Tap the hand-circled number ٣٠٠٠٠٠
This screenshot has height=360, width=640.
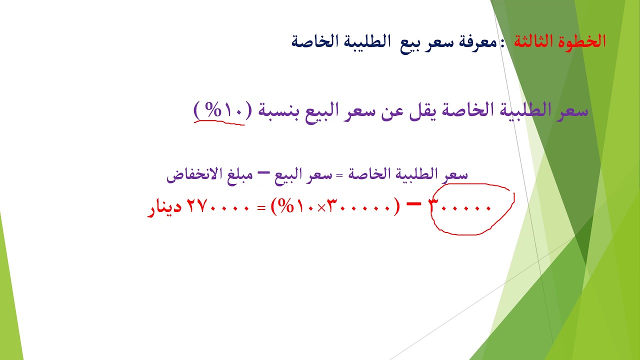pos(460,207)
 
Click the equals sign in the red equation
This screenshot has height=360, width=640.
pos(261,208)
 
